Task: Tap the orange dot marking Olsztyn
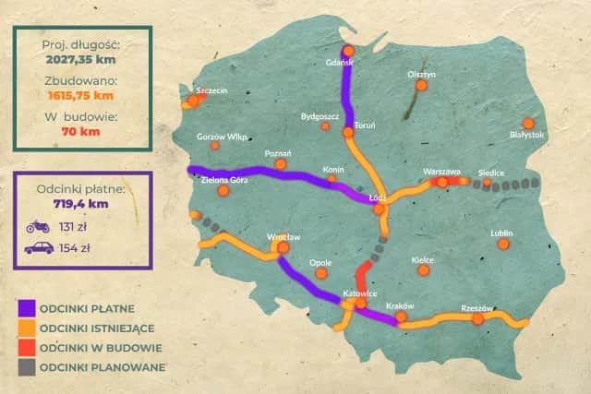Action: [x=421, y=86]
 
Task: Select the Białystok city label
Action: [x=527, y=135]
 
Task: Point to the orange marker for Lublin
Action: [x=502, y=244]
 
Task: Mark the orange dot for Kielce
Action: [x=424, y=270]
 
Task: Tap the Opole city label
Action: [x=321, y=262]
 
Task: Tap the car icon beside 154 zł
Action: [x=38, y=247]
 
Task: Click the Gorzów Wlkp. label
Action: [x=223, y=137]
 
